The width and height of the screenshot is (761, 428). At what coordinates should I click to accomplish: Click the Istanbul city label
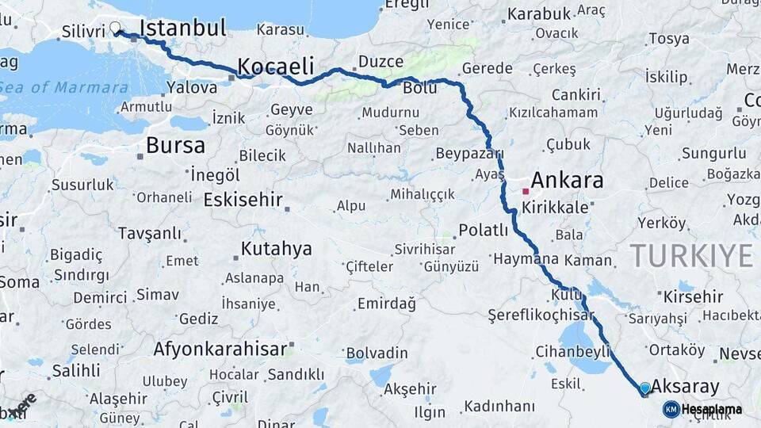[182, 29]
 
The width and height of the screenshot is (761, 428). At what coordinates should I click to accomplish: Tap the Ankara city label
[567, 180]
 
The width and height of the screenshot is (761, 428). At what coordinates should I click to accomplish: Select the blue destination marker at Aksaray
[644, 388]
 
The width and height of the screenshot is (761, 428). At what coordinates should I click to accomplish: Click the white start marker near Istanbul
[117, 29]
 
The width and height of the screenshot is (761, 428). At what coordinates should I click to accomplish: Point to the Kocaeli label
[276, 66]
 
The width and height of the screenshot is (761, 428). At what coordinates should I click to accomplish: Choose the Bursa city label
[175, 146]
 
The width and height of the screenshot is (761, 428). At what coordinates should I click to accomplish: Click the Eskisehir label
[243, 200]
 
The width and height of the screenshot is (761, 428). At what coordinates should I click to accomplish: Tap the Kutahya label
[276, 249]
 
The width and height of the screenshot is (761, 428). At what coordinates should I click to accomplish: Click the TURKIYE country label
[690, 256]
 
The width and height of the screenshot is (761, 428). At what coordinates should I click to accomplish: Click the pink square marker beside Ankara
[525, 191]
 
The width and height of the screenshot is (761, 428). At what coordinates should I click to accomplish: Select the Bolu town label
[420, 88]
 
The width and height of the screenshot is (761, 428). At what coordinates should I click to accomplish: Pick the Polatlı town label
[484, 231]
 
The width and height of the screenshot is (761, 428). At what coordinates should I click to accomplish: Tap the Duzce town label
[380, 61]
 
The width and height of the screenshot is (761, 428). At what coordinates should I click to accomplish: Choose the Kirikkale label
[555, 207]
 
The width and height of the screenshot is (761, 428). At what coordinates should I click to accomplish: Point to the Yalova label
[192, 88]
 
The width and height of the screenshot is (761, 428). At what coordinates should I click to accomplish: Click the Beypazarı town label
[470, 153]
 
